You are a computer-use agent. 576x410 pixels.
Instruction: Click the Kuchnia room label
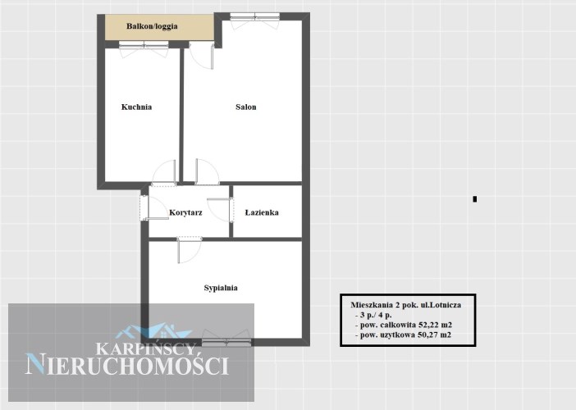136,107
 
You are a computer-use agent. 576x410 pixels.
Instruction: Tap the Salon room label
246,107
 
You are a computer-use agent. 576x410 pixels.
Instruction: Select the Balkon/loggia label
152,26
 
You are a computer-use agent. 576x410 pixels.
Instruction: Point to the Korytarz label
185,212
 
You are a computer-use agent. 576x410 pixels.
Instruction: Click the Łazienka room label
262,212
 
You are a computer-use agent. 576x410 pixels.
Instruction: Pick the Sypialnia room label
221,288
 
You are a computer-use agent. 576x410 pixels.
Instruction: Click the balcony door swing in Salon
201,55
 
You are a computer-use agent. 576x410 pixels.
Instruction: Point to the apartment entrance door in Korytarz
153,207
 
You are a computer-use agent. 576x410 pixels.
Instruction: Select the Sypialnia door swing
190,250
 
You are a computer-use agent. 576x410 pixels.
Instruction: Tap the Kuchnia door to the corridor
164,172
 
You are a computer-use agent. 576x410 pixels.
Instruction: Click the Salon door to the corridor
208,171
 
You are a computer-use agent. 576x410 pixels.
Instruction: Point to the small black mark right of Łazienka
474,199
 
